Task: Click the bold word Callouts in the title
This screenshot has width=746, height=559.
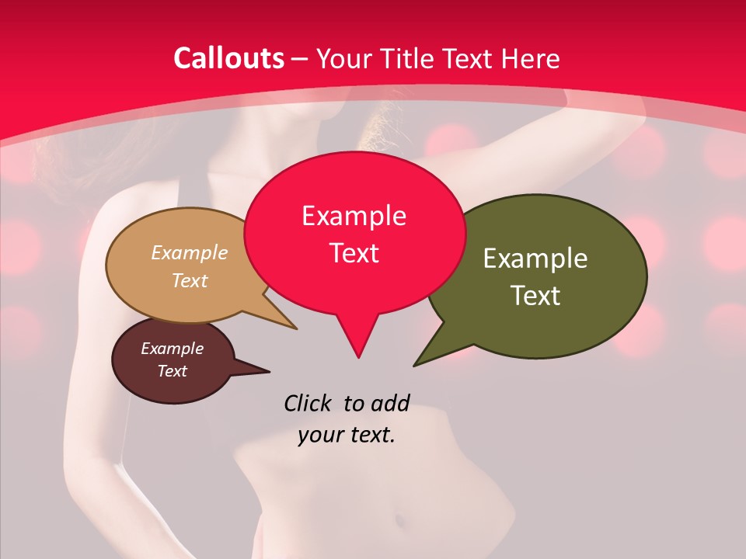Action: click(x=229, y=58)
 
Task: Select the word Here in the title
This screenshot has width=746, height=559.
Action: click(x=531, y=58)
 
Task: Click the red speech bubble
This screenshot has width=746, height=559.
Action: click(x=354, y=233)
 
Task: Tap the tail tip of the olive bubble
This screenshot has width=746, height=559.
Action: click(x=417, y=363)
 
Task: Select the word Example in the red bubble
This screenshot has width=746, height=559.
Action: click(x=354, y=215)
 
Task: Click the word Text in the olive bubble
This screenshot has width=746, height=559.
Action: click(x=535, y=296)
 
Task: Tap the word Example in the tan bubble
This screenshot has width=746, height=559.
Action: click(x=190, y=252)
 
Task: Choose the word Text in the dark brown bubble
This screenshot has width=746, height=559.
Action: click(x=173, y=371)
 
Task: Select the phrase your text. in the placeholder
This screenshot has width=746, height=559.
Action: click(x=347, y=435)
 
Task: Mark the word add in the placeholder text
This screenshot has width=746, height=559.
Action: click(x=389, y=403)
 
